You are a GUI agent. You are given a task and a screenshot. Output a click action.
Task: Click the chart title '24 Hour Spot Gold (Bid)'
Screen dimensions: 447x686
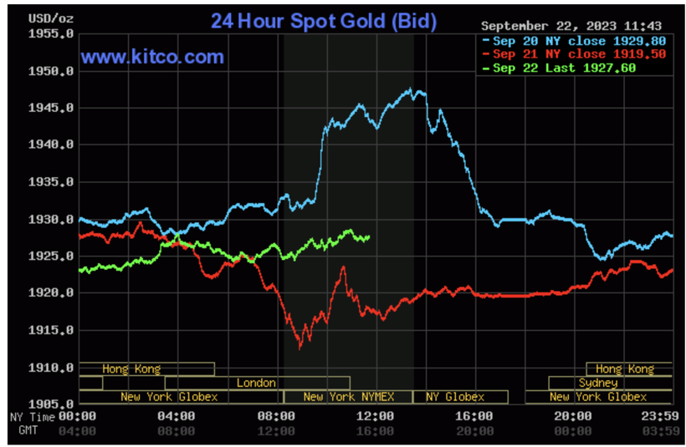(x=323, y=21)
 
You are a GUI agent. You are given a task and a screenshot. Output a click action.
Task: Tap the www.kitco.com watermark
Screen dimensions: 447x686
(x=152, y=57)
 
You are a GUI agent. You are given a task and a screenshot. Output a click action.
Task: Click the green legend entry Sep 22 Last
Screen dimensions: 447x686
(x=565, y=68)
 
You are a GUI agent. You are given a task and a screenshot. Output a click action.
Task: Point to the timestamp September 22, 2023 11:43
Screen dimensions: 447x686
(x=571, y=25)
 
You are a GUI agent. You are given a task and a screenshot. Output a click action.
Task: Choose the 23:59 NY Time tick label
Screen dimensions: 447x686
(x=655, y=416)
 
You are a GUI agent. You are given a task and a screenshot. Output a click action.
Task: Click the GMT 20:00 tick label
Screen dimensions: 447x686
(x=473, y=430)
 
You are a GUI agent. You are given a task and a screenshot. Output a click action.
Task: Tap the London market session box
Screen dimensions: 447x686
(x=257, y=383)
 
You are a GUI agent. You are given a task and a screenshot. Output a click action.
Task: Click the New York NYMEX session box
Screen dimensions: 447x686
(x=348, y=397)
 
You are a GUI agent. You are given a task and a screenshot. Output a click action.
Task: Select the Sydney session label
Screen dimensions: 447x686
(x=598, y=383)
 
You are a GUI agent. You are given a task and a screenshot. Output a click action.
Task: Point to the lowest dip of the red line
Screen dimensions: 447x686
(x=299, y=346)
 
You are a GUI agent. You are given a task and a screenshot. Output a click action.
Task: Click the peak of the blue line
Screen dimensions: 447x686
(x=411, y=89)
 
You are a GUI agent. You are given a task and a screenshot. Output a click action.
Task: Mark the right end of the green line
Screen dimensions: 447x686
(x=369, y=238)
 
